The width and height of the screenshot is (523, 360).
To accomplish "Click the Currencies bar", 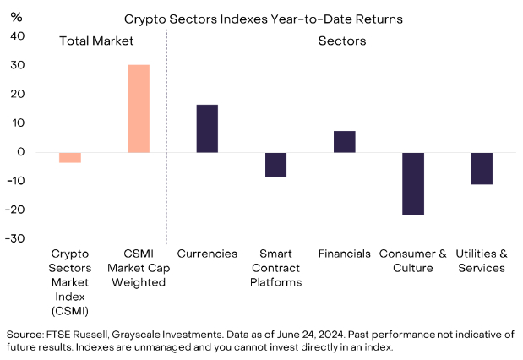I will (207, 128).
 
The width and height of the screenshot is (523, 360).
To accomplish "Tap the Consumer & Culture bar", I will (413, 184).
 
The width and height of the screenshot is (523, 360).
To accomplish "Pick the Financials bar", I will (344, 142).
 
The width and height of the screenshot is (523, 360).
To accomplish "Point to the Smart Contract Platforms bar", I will (275, 164).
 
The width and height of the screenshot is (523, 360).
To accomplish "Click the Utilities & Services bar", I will (482, 168).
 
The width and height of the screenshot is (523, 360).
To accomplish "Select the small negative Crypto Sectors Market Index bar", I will (70, 157).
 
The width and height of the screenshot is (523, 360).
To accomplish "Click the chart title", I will (263, 18).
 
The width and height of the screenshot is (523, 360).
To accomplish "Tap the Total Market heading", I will (97, 40).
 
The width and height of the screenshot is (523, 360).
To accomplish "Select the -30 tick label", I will (15, 239).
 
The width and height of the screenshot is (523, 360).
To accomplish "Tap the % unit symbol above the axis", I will (15, 15).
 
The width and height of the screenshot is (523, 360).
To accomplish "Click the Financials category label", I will (344, 254).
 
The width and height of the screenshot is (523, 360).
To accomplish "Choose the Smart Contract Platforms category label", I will (275, 268).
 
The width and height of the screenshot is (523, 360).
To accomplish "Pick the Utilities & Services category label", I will (482, 260).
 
